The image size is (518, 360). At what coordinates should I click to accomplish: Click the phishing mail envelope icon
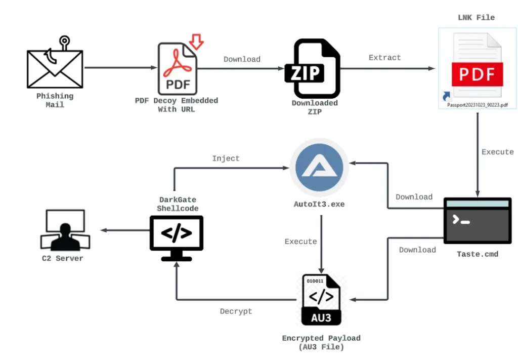click(55, 69)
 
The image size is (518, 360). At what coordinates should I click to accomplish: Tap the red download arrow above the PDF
click(196, 42)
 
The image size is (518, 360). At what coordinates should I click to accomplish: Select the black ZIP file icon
click(313, 68)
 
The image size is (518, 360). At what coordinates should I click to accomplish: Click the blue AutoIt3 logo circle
click(319, 167)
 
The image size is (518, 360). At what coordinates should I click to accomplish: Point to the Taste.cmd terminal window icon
click(478, 220)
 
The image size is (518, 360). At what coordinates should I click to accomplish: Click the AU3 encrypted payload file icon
click(321, 300)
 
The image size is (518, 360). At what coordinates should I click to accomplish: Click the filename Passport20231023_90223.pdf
click(478, 105)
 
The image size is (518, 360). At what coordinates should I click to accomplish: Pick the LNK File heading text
click(477, 18)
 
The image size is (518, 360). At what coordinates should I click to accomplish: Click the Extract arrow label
click(385, 58)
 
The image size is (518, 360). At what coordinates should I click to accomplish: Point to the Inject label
click(226, 158)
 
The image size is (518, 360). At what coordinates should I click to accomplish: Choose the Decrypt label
click(236, 311)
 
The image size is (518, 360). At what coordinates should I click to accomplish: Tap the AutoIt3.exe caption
click(319, 204)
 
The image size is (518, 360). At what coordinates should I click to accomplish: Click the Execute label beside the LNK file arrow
click(498, 152)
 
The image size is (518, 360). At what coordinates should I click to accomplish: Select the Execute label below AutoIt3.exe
click(300, 242)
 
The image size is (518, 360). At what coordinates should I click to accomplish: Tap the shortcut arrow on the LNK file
click(446, 96)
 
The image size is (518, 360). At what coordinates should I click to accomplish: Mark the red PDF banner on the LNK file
click(478, 74)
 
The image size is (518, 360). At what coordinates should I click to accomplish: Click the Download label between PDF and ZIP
click(242, 59)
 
